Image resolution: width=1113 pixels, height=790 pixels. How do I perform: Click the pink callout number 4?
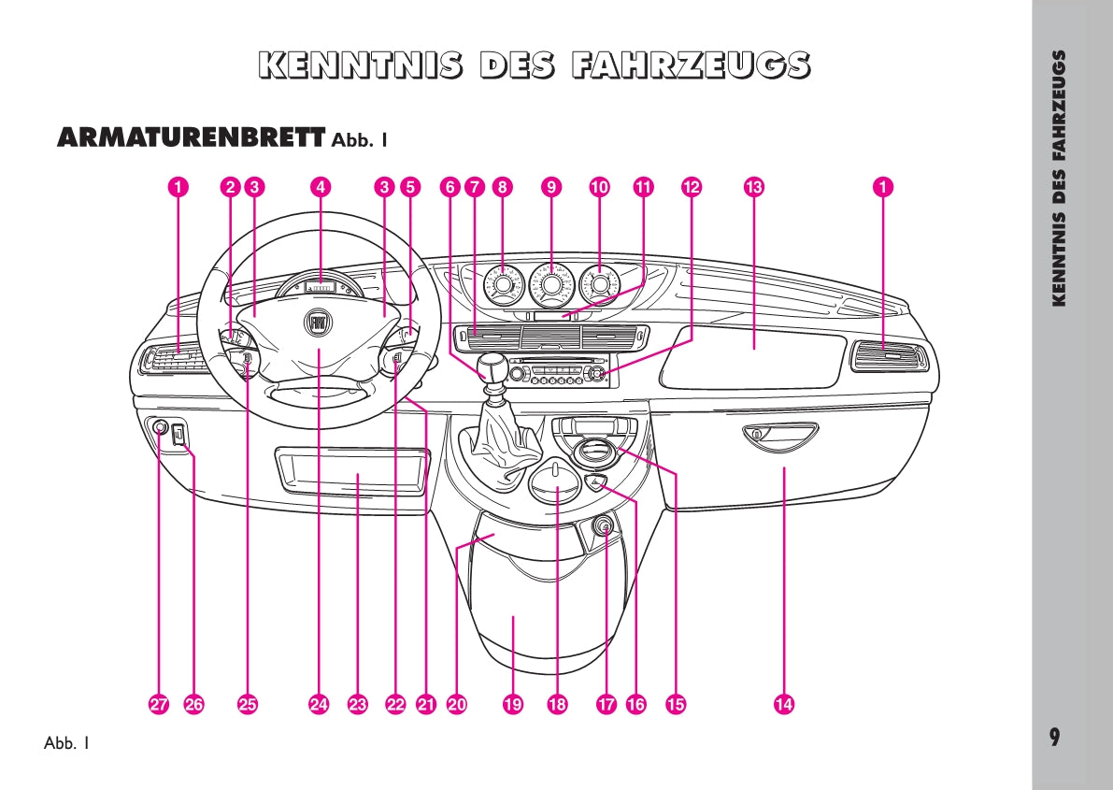321,187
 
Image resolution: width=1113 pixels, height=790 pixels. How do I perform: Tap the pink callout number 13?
753,187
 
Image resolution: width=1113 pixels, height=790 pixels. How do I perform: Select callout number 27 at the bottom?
159,705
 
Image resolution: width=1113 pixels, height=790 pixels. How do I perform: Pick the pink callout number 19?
512,705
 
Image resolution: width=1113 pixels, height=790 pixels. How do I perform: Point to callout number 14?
783,705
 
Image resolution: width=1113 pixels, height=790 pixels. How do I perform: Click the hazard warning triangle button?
594,482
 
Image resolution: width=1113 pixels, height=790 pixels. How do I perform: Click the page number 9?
1054,737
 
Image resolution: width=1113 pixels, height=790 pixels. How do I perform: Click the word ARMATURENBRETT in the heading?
191,137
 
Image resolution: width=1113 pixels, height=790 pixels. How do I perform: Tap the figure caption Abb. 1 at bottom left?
66,744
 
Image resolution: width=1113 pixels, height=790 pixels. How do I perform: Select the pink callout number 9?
550,187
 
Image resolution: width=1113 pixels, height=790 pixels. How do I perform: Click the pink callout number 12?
691,187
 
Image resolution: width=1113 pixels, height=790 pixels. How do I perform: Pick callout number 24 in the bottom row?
320,705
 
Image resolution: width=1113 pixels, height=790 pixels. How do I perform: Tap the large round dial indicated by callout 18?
557,481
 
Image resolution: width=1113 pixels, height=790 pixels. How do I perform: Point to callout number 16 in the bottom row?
636,705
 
